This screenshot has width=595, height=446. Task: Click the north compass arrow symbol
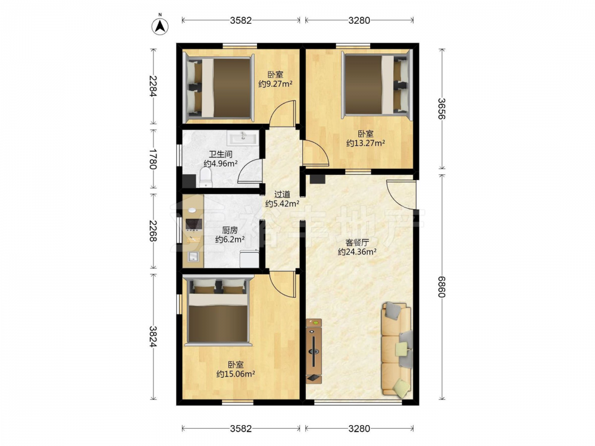tap(160, 26)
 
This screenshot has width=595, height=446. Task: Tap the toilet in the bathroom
tap(206, 177)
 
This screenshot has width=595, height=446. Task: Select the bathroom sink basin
tap(243, 138)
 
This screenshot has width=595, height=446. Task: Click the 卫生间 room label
tap(221, 155)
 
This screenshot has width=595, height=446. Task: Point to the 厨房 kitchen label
tap(230, 230)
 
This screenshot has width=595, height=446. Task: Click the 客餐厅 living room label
tap(357, 243)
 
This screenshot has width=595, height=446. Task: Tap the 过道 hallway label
tap(282, 194)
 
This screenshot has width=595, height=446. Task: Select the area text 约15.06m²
tap(236, 374)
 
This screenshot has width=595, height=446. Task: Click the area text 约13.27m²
tap(366, 143)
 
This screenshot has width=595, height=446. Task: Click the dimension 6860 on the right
tap(441, 287)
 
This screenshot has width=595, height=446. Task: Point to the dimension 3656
tap(441, 109)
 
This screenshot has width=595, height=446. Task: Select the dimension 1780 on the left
tap(153, 159)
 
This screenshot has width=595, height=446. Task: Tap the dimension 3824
tap(153, 337)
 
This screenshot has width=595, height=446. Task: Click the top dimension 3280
tap(359, 20)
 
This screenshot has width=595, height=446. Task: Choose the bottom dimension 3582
tap(241, 429)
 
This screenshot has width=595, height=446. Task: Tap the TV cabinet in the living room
tap(314, 351)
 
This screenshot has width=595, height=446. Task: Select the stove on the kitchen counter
tap(193, 224)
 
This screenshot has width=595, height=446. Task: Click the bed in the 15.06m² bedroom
tap(218, 311)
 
